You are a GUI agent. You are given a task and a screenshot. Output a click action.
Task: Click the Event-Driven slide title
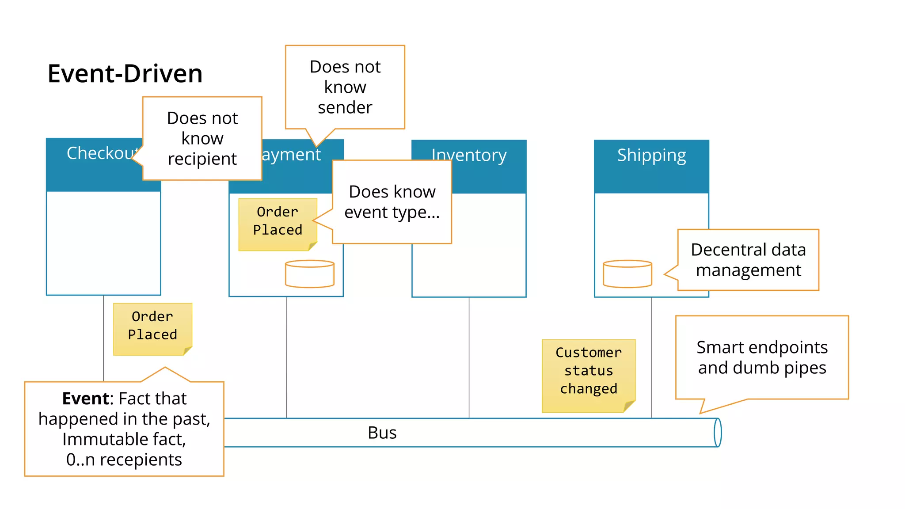[x=125, y=73]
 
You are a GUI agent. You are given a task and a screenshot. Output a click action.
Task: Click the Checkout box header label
[x=102, y=153]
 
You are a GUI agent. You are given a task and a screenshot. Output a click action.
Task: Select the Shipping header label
[x=651, y=155]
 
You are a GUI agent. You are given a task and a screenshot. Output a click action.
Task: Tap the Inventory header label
[x=469, y=155]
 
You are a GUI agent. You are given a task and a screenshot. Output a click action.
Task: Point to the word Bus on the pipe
[x=382, y=433]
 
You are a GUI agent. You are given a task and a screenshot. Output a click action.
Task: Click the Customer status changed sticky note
[x=588, y=371]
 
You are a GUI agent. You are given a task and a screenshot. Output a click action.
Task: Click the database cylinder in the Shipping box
[x=627, y=274]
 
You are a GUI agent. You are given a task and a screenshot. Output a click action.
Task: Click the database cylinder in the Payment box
[x=310, y=274]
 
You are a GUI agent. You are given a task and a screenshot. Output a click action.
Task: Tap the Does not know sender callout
[x=345, y=87]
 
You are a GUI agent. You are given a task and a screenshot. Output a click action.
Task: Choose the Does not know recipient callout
[x=202, y=138]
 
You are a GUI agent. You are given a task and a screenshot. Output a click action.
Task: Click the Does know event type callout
[x=392, y=202]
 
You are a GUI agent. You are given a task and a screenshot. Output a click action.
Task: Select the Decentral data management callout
[x=748, y=260]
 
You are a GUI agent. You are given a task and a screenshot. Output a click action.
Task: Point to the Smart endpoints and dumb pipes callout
[x=762, y=357]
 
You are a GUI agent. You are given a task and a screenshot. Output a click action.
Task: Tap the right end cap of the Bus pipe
[x=718, y=433]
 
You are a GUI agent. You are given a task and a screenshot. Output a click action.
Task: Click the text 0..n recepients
[x=124, y=460]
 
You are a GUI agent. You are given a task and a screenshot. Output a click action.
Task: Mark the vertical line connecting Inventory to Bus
[x=469, y=358]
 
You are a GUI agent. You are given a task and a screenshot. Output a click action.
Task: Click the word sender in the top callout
[x=345, y=108]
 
